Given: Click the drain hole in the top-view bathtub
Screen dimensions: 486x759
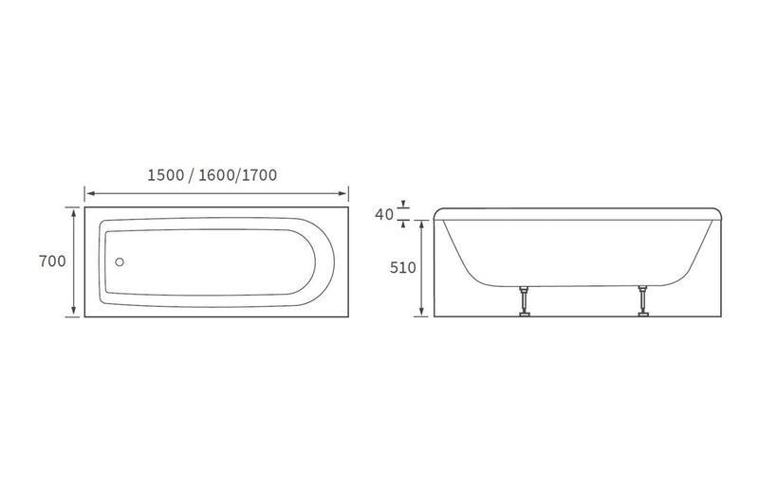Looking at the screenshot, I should coord(120,262).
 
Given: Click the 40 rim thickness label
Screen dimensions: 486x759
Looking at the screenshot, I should coord(384,214).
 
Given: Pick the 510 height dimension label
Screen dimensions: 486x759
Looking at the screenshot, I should coord(402,267).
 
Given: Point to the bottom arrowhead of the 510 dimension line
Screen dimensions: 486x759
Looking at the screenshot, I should coord(422,313).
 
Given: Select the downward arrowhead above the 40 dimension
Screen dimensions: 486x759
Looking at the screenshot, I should coord(405,204).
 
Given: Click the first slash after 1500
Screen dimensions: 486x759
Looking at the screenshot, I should coord(193,174).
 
